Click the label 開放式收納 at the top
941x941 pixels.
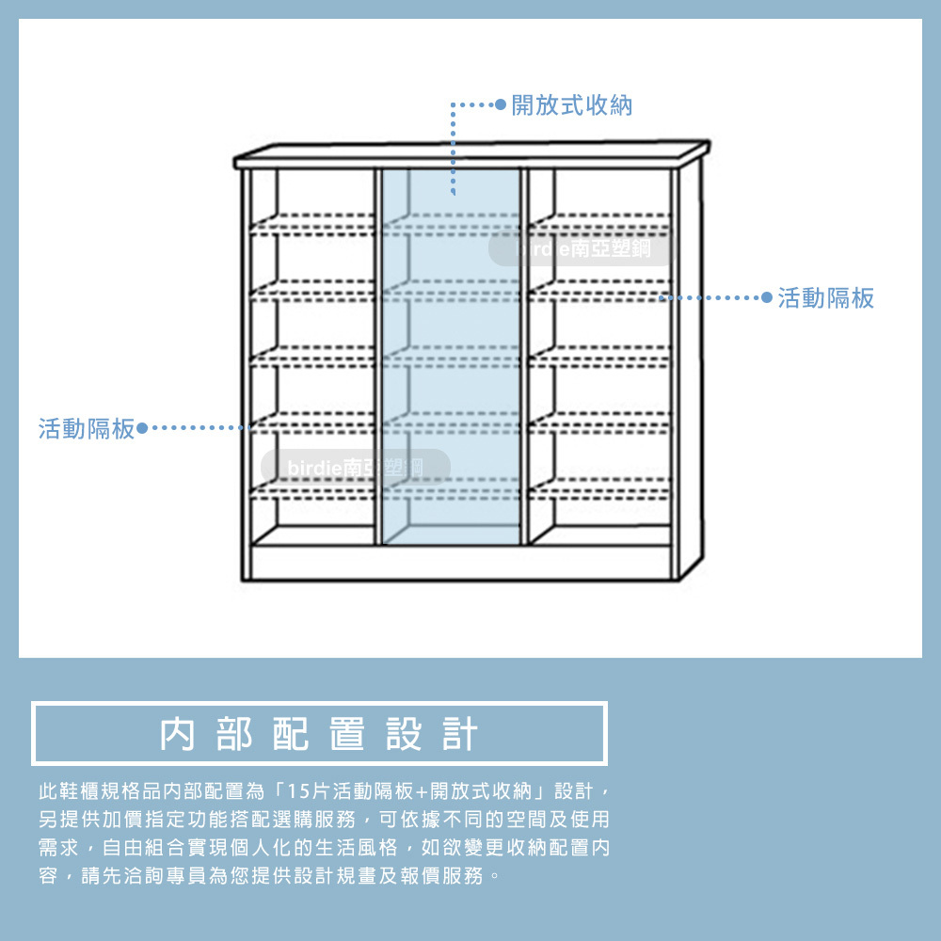(x=571, y=105)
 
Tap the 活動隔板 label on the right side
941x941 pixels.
(x=826, y=298)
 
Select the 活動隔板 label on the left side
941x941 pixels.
(x=87, y=429)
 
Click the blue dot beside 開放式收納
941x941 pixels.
(x=501, y=104)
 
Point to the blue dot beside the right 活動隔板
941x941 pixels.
(x=766, y=298)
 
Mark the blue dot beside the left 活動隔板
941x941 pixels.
(x=142, y=429)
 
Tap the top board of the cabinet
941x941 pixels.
(x=470, y=154)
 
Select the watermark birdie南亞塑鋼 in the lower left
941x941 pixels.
(x=356, y=467)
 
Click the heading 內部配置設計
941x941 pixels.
(x=319, y=734)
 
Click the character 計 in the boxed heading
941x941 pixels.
(x=460, y=734)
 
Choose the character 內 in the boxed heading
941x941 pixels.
(x=178, y=734)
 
